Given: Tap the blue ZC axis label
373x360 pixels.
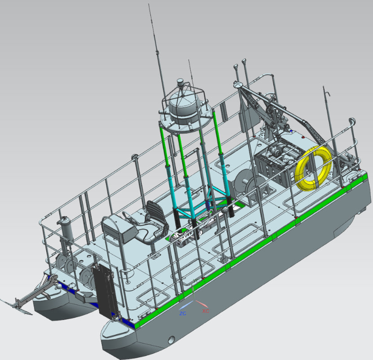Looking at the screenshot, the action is tap(183, 314).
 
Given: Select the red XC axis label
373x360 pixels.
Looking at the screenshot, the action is tap(206, 311).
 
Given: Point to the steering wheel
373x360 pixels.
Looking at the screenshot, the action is tap(129, 216).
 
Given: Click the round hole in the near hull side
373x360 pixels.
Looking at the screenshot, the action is tap(171, 340).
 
